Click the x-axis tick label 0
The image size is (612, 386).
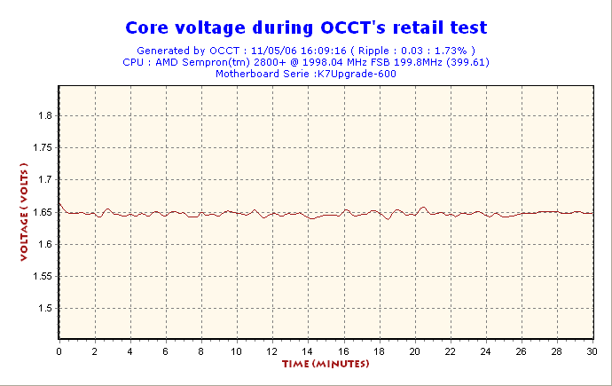pyautogui.click(x=59, y=351)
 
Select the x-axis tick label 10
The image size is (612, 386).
pyautogui.click(x=236, y=351)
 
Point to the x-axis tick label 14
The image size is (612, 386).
pyautogui.click(x=308, y=351)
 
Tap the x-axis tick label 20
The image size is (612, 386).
pyautogui.click(x=414, y=351)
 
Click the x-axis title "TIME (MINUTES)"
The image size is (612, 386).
pyautogui.click(x=326, y=365)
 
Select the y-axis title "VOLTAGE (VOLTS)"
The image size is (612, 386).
pyautogui.click(x=24, y=212)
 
